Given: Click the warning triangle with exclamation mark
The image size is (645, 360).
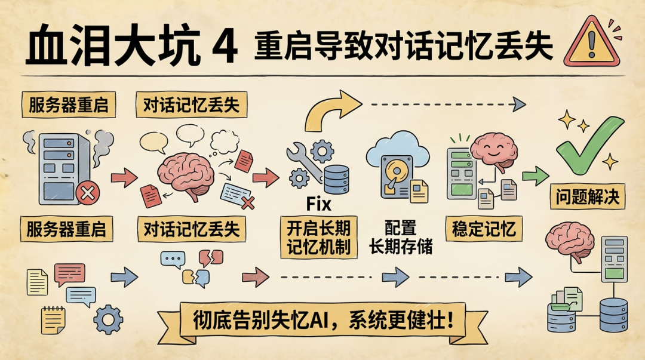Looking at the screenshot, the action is click(x=591, y=43).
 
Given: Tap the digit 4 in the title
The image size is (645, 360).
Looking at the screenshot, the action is click(x=225, y=46).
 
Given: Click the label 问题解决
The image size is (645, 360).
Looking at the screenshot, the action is click(x=588, y=196).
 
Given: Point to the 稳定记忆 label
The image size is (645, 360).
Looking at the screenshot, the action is click(x=484, y=228).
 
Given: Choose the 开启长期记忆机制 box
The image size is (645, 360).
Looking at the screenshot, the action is click(x=319, y=238).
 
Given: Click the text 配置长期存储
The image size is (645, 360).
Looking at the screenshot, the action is click(x=400, y=238).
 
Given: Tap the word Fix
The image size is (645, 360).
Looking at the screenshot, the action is click(x=319, y=204).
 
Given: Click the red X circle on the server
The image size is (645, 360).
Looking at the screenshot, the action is click(x=88, y=192).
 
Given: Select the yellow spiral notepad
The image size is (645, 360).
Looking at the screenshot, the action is click(x=53, y=320).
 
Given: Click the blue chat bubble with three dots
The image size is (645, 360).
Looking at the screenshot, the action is click(x=173, y=260).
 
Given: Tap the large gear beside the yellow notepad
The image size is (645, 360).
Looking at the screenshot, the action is click(x=108, y=319).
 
